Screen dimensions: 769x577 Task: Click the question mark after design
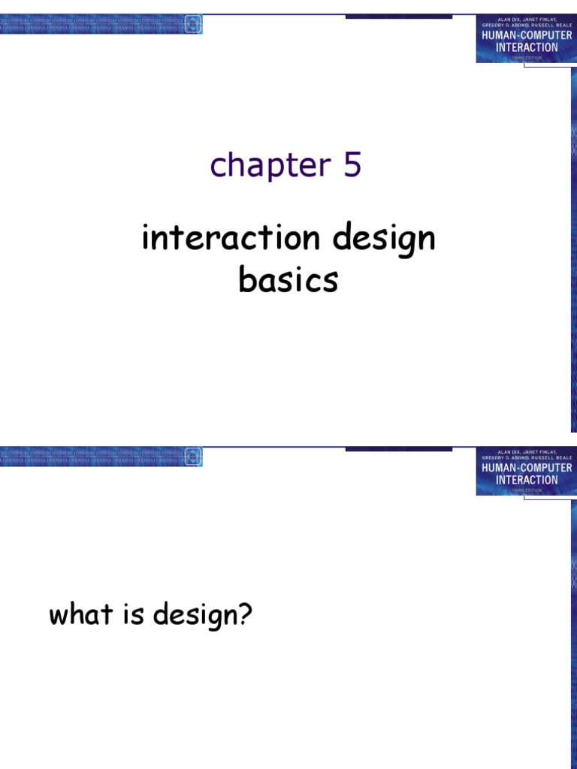245,616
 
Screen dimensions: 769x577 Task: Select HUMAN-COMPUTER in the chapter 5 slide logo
526,35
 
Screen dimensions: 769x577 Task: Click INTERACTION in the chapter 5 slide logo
526,47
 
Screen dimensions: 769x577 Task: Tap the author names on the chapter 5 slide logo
526,22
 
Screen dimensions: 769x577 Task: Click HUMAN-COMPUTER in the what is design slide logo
526,468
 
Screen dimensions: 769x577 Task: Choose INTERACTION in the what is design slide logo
526,480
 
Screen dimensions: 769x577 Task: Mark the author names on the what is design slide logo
526,454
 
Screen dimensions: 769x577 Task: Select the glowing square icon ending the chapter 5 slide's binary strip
193,23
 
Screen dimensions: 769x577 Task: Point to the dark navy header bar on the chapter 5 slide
398,17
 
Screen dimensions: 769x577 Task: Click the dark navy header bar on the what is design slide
398,449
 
